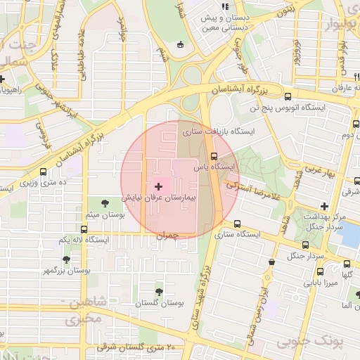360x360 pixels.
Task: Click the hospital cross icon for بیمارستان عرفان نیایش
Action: tap(158, 186)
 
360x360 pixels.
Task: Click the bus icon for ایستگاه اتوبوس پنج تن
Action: tap(288, 96)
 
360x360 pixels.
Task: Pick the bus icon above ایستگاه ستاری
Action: tap(236, 224)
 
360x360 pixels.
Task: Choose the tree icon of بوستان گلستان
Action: tap(160, 291)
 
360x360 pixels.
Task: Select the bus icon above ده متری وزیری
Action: tap(44, 171)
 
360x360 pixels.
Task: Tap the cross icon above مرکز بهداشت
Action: tap(324, 206)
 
